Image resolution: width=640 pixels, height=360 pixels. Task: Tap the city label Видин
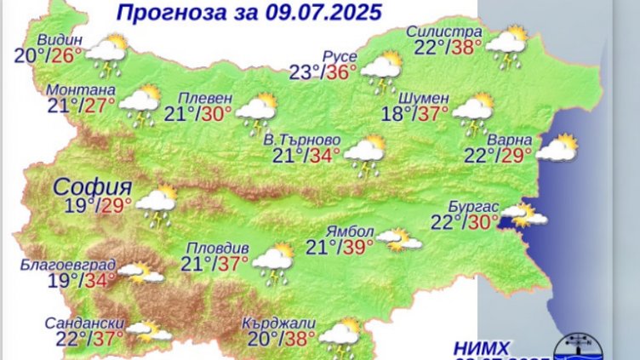[59, 40]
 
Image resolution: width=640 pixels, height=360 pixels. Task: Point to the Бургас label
[471, 206]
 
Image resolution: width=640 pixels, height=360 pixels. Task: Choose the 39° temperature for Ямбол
[357, 248]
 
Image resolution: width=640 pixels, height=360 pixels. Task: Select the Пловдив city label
[220, 248]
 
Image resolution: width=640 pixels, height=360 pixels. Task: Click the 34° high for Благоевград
[100, 280]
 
